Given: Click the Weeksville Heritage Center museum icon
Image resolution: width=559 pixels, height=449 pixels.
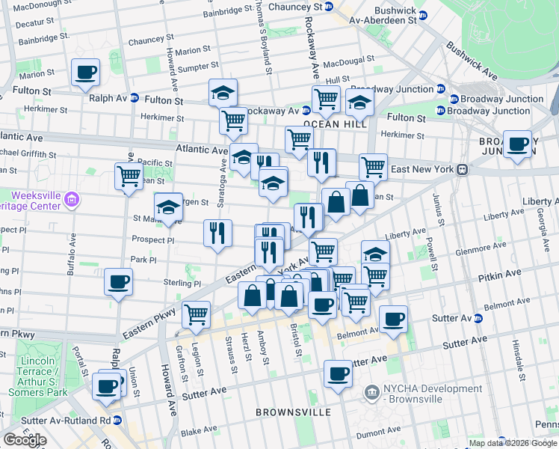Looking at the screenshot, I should click(72, 200).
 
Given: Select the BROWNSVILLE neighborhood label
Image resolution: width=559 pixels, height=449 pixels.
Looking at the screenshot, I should click(288, 412).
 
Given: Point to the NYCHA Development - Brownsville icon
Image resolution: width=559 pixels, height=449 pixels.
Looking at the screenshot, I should click(371, 391).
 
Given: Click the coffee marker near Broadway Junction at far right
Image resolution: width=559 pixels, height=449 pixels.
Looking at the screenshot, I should click(516, 144).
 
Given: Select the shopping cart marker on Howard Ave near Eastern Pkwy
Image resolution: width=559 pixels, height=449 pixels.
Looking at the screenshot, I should click(196, 314).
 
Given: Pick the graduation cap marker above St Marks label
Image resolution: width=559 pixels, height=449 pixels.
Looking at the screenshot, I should click(168, 207).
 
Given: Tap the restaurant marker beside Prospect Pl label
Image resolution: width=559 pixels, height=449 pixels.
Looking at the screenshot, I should click(217, 232).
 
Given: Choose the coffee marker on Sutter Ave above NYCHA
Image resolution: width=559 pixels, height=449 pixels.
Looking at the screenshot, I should click(338, 373).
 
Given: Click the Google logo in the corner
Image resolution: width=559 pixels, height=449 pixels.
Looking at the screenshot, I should click(24, 439).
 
